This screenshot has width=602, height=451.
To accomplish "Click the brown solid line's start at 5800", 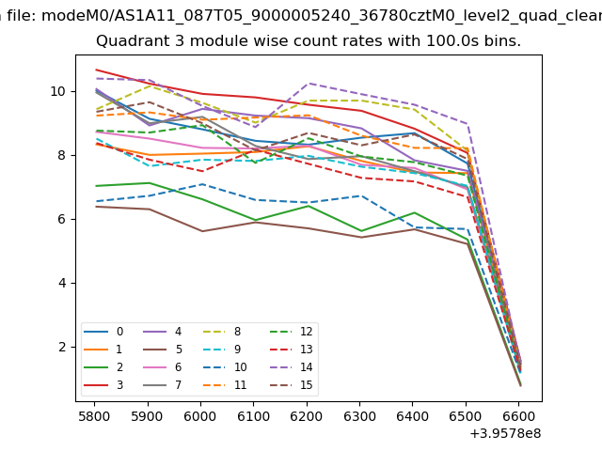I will pyautogui.click(x=96, y=206).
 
